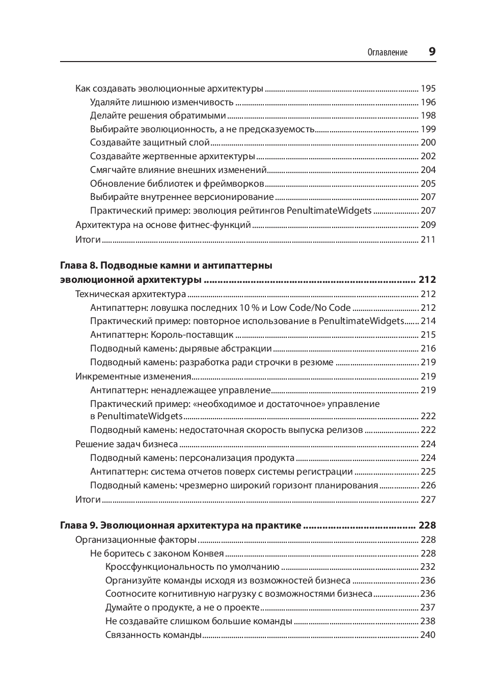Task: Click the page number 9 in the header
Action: coord(432,51)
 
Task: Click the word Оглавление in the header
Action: coord(388,52)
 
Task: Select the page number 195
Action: coord(428,89)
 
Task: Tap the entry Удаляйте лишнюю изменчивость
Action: coord(161,102)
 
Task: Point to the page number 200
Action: coord(428,142)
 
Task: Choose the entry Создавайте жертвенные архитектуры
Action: coord(172,156)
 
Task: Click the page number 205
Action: coord(428,184)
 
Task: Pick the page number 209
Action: coord(428,225)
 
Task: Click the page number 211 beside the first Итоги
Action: coord(428,240)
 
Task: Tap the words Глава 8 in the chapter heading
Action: coord(78,266)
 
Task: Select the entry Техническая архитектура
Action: coord(130,294)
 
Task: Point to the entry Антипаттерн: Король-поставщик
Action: coord(161,335)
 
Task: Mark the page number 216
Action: coord(428,348)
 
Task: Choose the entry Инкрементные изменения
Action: coord(133,376)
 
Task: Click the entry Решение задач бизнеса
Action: coord(126,444)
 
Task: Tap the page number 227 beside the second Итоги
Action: coord(428,500)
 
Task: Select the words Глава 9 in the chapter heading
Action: coord(78,526)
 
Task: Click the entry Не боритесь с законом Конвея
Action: coord(157,553)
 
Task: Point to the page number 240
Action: coord(428,635)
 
